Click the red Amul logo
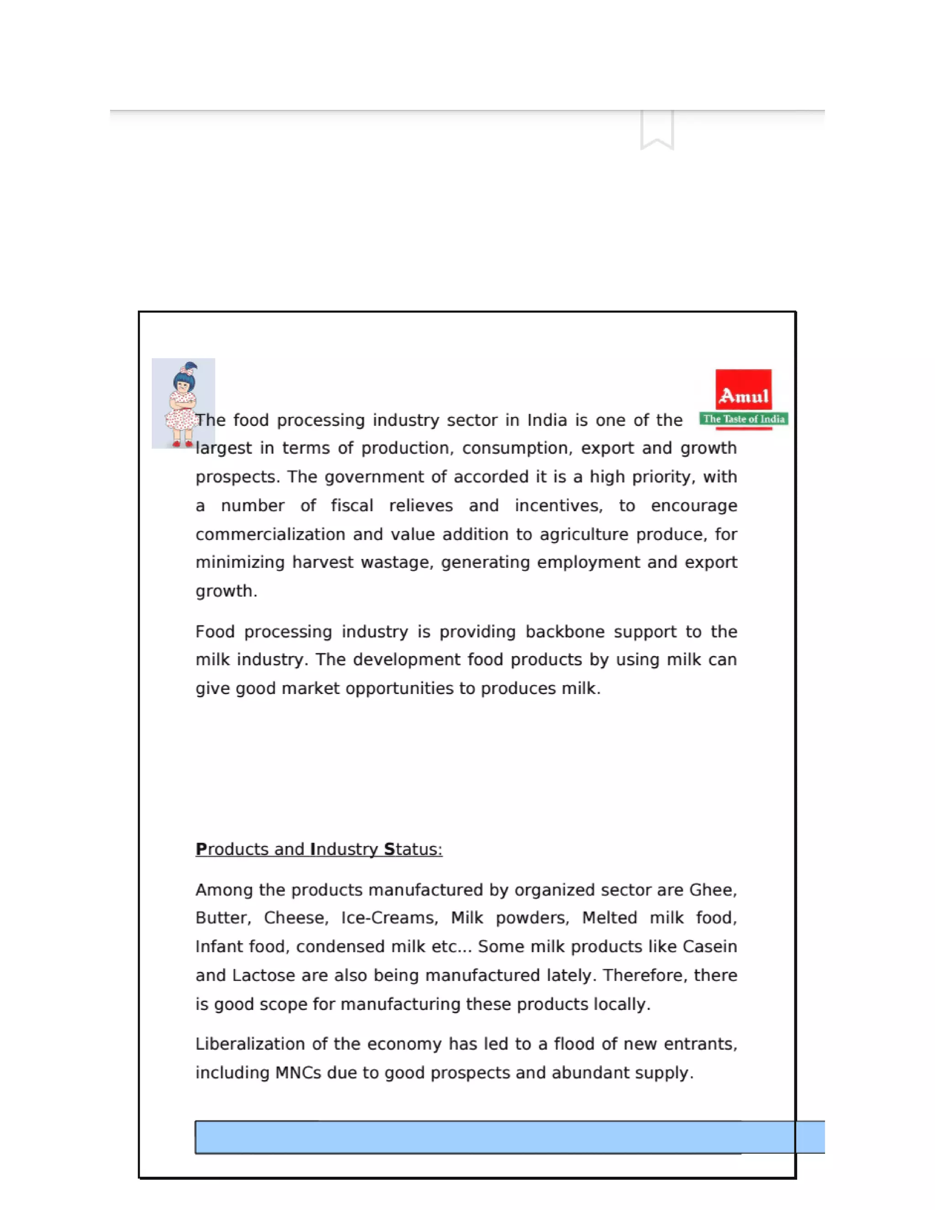(x=743, y=390)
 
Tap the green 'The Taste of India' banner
(x=743, y=419)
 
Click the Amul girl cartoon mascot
(x=183, y=403)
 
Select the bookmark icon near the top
(x=657, y=130)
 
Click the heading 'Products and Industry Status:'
(x=319, y=849)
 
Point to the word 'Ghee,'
(x=713, y=890)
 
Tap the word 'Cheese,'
(x=296, y=918)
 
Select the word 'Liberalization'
(x=250, y=1044)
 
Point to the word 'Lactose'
(x=263, y=975)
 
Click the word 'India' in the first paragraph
(x=546, y=420)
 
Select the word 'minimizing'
(x=240, y=563)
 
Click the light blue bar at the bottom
(x=510, y=1137)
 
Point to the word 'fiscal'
(x=352, y=505)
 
